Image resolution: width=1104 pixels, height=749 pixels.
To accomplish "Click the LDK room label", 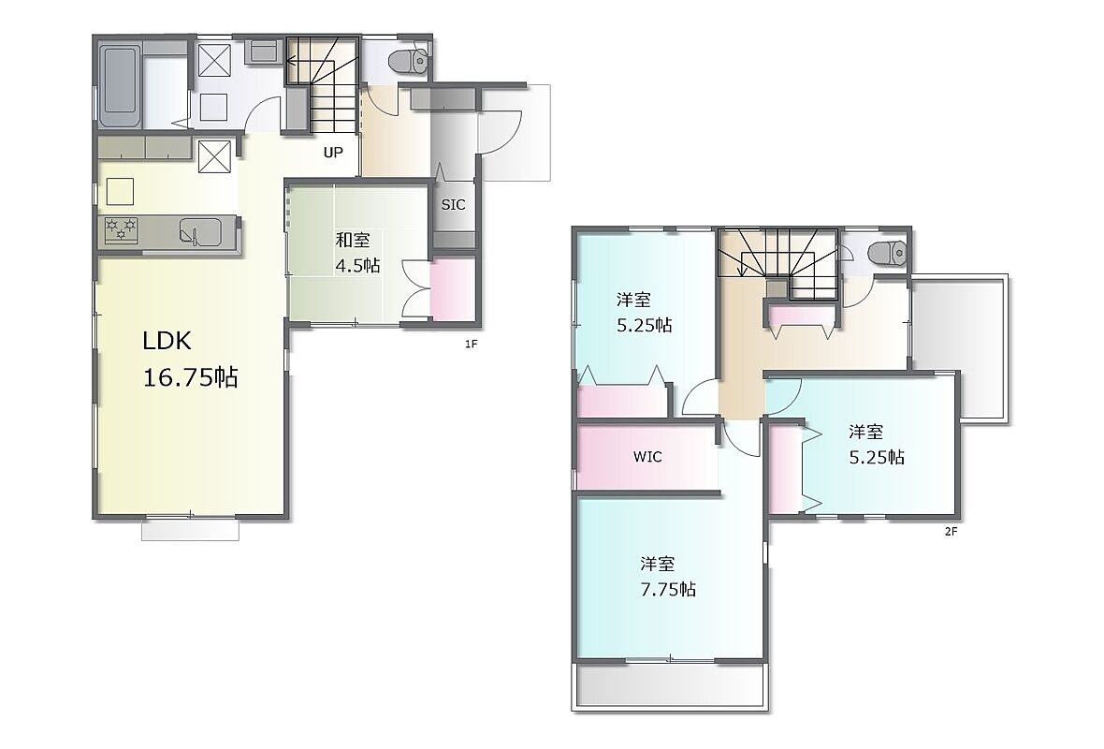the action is (167, 341).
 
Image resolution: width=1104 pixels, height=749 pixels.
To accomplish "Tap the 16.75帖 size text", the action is (190, 377).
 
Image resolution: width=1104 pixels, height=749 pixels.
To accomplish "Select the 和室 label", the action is (353, 241).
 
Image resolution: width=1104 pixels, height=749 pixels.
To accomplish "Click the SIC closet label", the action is (453, 204).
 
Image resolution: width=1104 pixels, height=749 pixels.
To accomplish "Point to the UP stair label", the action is (333, 153).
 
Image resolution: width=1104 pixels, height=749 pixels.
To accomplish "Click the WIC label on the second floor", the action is (647, 457).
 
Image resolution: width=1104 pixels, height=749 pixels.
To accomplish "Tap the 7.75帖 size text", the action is (668, 589).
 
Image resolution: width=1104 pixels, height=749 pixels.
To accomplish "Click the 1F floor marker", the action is (471, 344).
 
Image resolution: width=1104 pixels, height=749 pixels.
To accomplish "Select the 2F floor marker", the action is (951, 532).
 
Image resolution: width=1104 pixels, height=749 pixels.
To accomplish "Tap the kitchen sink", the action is (200, 231).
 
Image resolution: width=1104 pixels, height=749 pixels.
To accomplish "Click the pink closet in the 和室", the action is (451, 289).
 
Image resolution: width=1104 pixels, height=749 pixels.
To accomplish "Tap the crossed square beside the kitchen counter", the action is (214, 156).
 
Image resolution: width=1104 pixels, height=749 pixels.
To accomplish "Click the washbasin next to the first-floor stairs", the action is (265, 50).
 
